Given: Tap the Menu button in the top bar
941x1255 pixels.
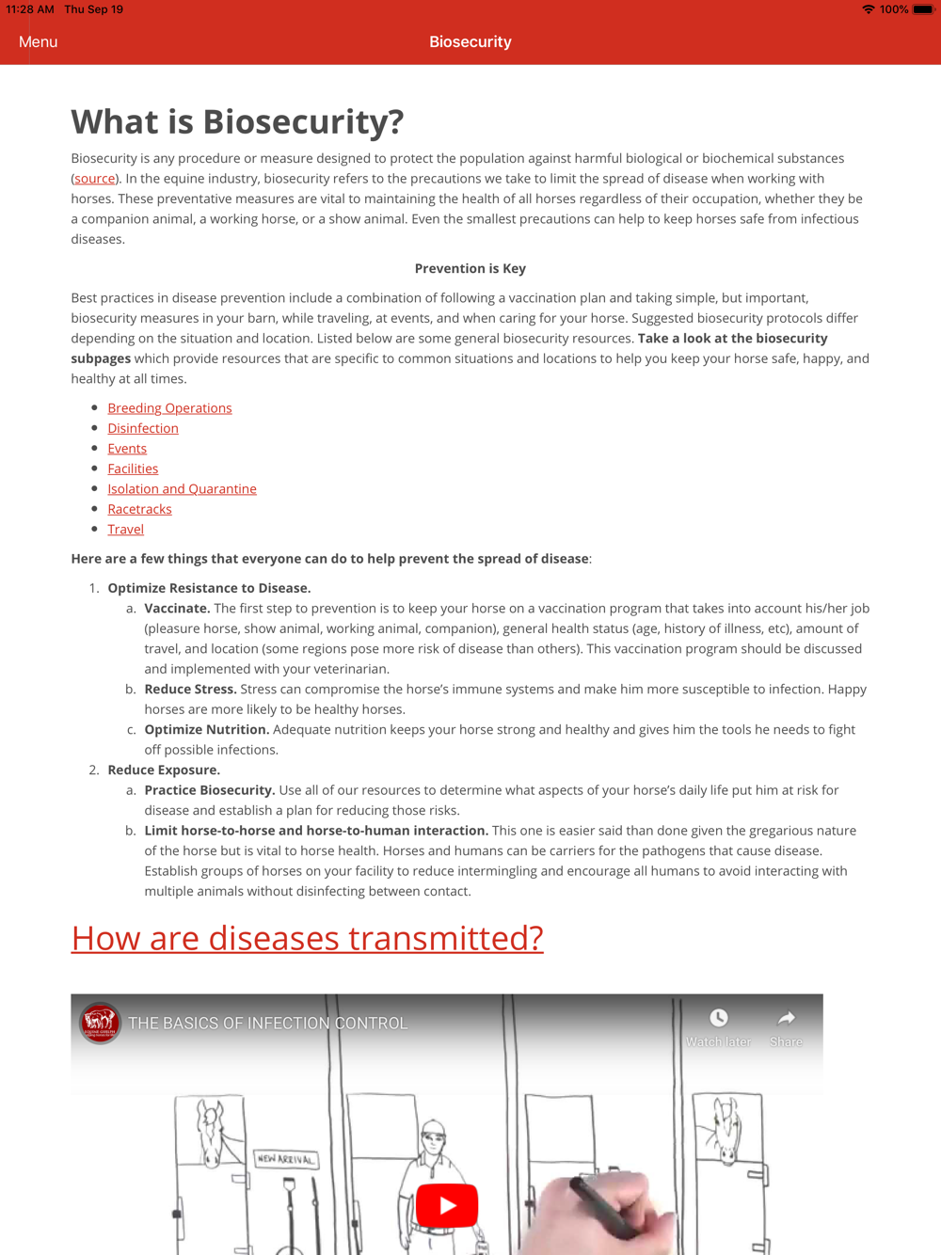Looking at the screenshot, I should point(38,42).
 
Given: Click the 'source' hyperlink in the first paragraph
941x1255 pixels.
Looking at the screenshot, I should point(95,179).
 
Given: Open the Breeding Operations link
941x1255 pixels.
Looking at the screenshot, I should point(169,408).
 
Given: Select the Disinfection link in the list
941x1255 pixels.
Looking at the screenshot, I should point(143,428).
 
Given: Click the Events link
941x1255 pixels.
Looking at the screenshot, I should point(127,449).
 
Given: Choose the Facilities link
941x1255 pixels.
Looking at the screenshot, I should point(133,469).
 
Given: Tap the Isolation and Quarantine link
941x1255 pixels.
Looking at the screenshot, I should point(182,489).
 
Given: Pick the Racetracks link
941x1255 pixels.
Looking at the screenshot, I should point(139,509).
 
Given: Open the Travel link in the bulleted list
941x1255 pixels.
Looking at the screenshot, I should point(125,530).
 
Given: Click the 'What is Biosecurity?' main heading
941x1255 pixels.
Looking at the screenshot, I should point(237,121).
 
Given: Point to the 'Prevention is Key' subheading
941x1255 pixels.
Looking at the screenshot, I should point(470,269).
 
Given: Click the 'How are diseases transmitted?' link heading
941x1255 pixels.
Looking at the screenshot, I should point(307,938).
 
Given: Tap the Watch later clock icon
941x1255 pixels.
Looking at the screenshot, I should point(719,1019).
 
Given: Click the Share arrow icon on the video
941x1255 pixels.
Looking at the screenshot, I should point(786,1019).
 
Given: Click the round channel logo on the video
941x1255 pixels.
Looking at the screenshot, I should point(100,1023).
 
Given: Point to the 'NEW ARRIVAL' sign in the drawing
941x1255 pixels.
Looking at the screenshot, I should point(286,1159).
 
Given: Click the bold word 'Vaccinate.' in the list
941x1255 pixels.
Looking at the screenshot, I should point(177,609).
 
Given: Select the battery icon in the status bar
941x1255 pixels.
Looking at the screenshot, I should point(923,9).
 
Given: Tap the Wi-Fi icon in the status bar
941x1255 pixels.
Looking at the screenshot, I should point(868,9).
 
